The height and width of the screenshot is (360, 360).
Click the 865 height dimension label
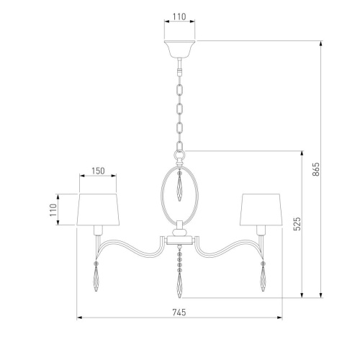pyautogui.click(x=316, y=169)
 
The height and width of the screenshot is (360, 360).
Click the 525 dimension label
pyautogui.click(x=297, y=224)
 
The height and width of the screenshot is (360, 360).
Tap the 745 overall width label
pyautogui.click(x=179, y=312)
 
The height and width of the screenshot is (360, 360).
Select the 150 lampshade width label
pyautogui.click(x=98, y=171)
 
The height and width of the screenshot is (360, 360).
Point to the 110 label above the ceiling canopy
pyautogui.click(x=179, y=17)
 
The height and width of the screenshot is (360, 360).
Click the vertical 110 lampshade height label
pyautogui.click(x=53, y=210)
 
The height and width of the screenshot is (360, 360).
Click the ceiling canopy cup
pyautogui.click(x=179, y=50)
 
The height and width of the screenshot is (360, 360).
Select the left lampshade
pyautogui.click(x=98, y=210)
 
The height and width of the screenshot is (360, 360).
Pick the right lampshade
pyautogui.click(x=261, y=210)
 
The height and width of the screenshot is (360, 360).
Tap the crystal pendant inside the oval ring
pyautogui.click(x=179, y=186)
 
